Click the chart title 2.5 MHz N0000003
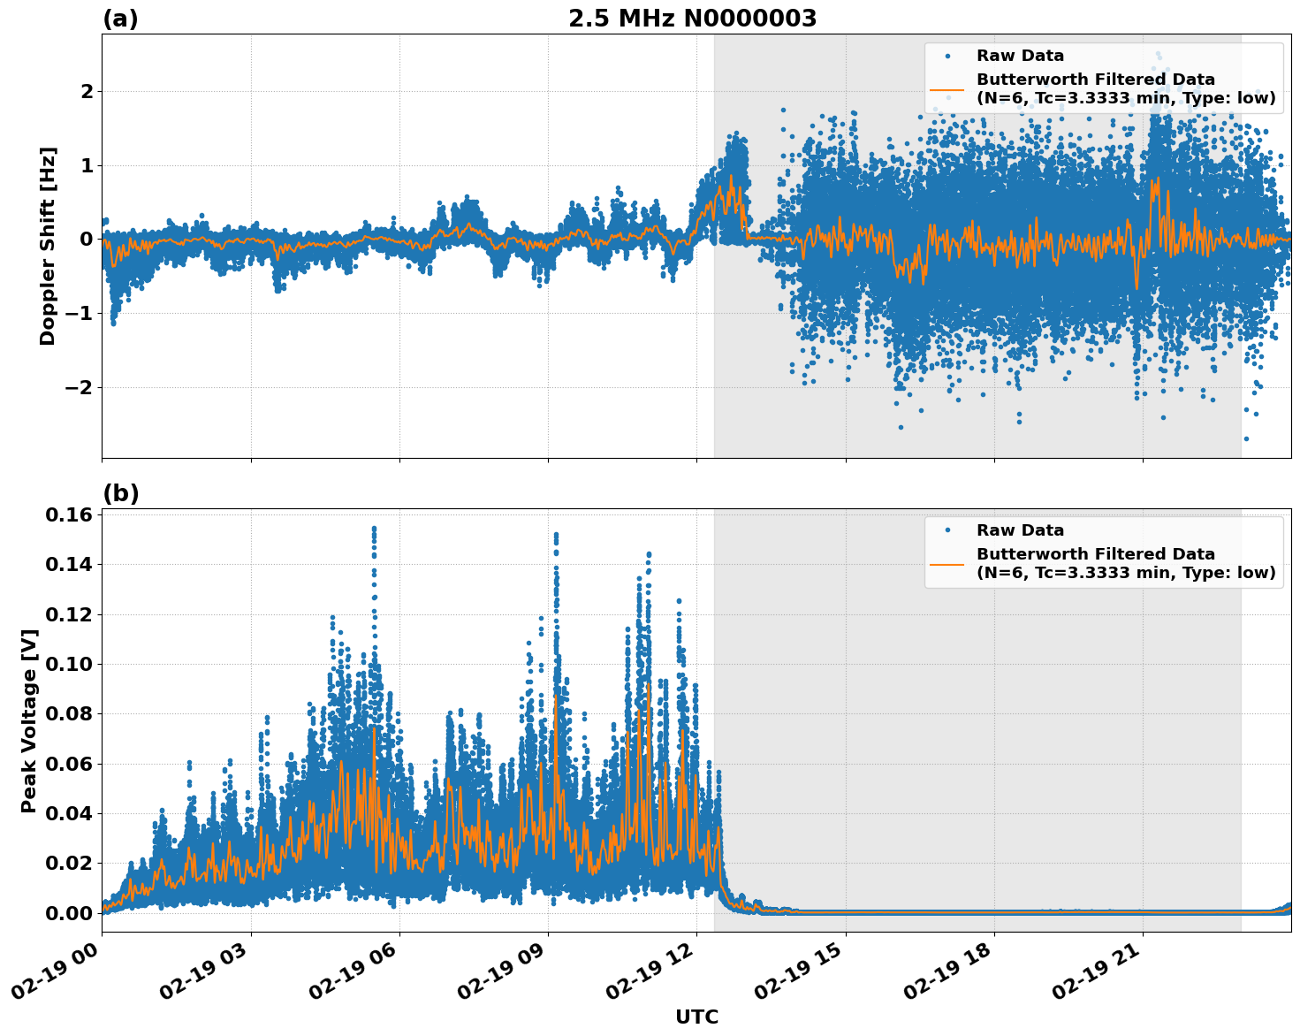pyautogui.click(x=692, y=19)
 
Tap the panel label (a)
pyautogui.click(x=120, y=19)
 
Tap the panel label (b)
pyautogui.click(x=120, y=493)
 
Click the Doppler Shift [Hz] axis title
pyautogui.click(x=48, y=246)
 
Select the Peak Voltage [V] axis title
pyautogui.click(x=29, y=720)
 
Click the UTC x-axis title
pyautogui.click(x=696, y=1017)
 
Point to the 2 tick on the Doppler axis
pyautogui.click(x=87, y=91)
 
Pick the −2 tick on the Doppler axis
pyautogui.click(x=80, y=387)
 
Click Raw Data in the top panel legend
pyautogui.click(x=1020, y=56)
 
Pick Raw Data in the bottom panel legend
pyautogui.click(x=1020, y=530)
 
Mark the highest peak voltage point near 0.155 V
pyautogui.click(x=374, y=528)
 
